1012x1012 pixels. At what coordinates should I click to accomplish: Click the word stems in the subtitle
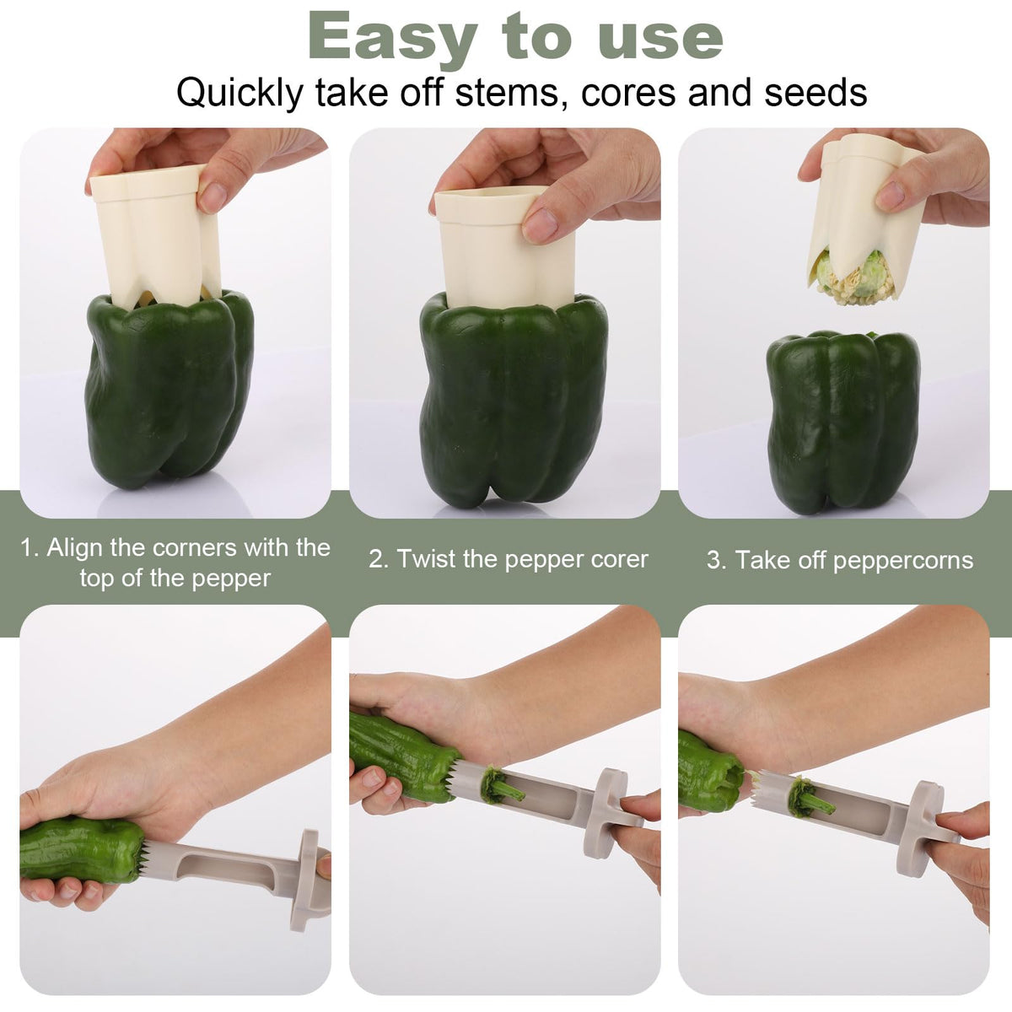[x=505, y=93]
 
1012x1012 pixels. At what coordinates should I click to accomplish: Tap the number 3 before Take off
[x=715, y=560]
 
